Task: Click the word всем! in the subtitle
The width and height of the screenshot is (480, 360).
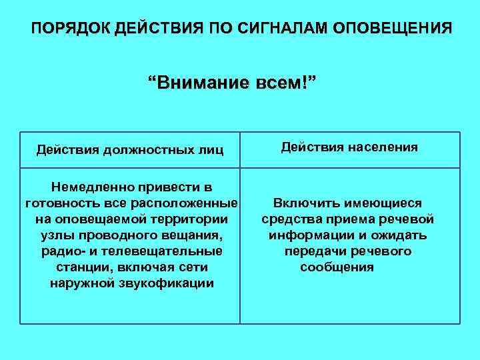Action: point(284,85)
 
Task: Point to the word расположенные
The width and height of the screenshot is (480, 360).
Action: point(190,203)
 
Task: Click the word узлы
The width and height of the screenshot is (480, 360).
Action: point(59,235)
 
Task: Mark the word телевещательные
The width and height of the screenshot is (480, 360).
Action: point(168,251)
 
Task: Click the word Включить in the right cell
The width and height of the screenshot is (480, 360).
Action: point(304,203)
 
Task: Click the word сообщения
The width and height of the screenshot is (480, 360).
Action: point(337,267)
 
